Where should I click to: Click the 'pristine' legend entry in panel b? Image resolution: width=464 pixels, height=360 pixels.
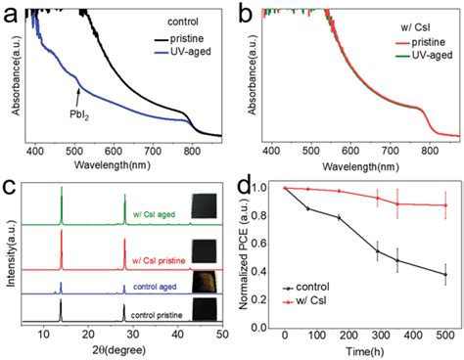(411, 29)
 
